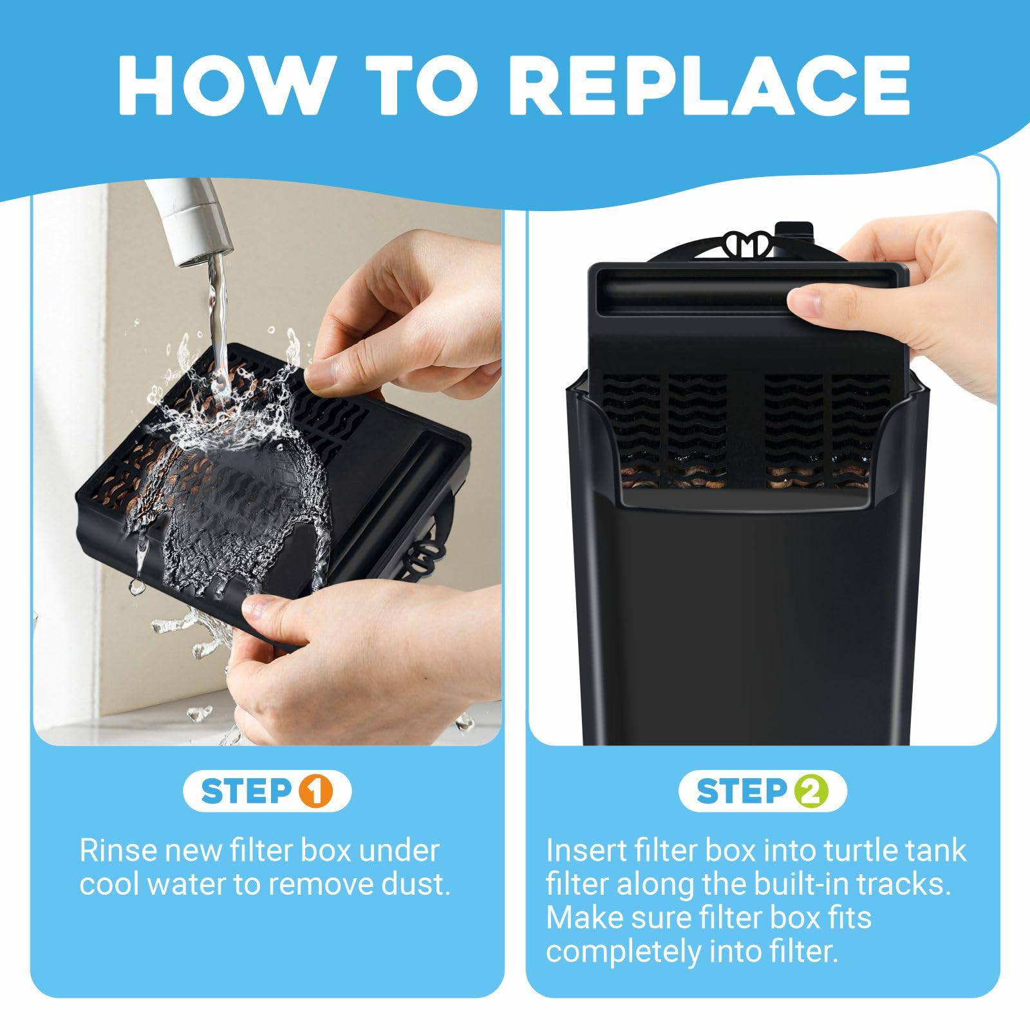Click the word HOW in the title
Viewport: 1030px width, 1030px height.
pyautogui.click(x=222, y=85)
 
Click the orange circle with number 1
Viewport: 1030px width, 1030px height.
pyautogui.click(x=316, y=791)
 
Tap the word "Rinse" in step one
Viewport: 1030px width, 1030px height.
pyautogui.click(x=118, y=850)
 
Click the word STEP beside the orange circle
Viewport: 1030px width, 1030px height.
pyautogui.click(x=248, y=791)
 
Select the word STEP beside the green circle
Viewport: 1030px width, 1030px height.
pyautogui.click(x=742, y=791)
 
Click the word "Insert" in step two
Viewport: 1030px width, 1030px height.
pyautogui.click(x=585, y=850)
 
